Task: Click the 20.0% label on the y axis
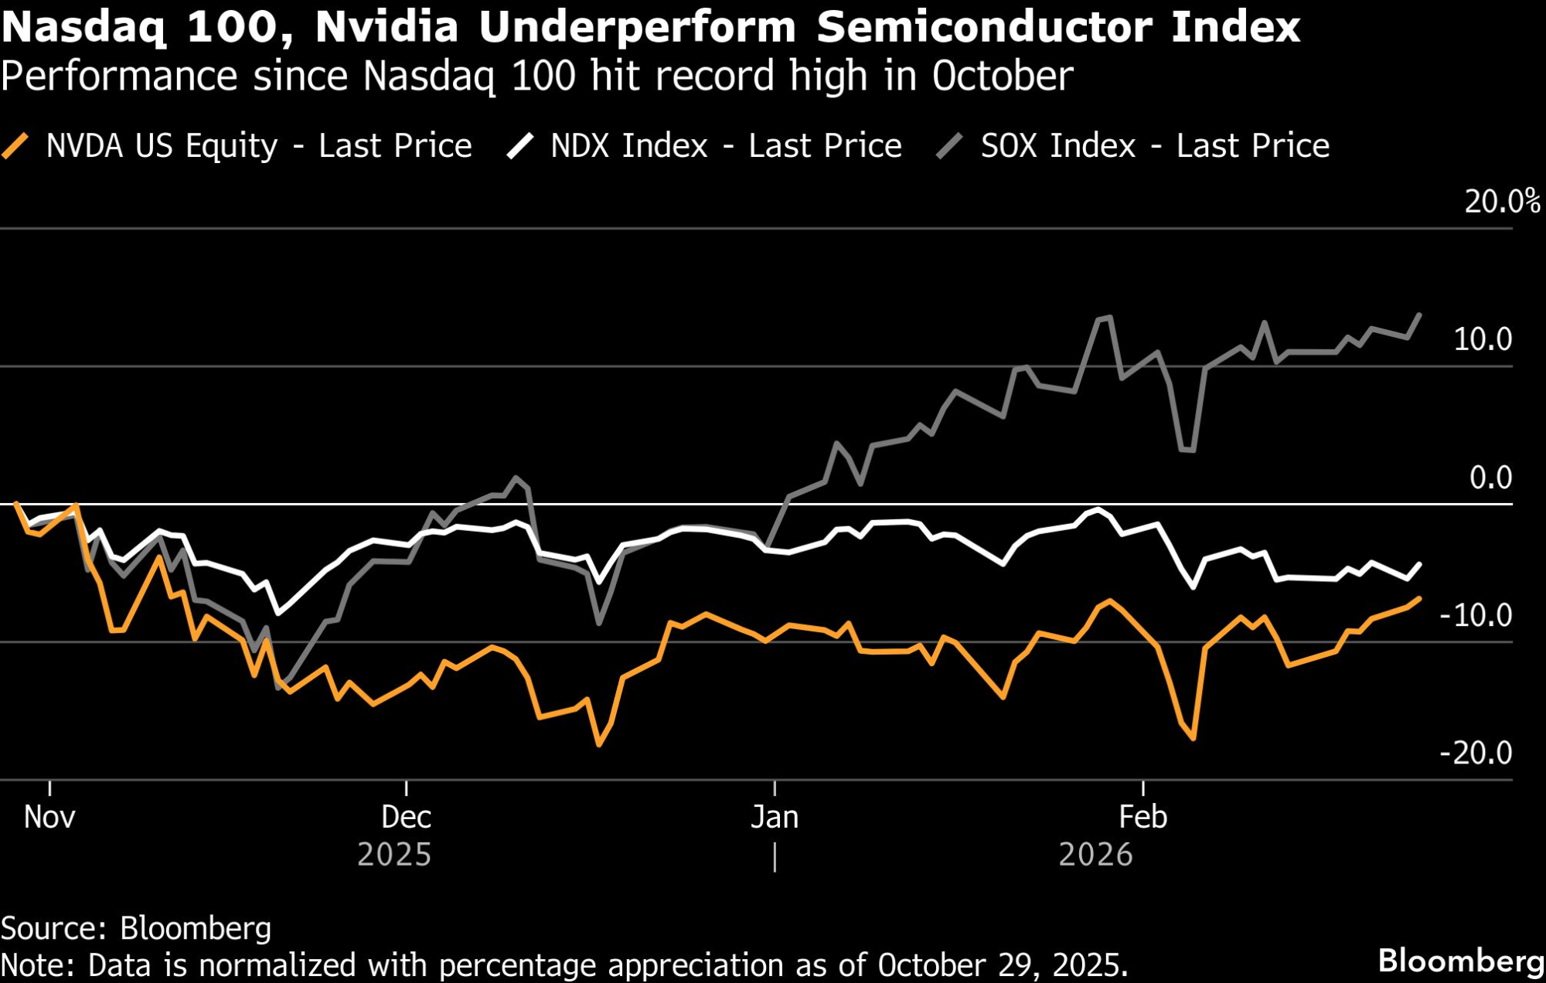(1502, 202)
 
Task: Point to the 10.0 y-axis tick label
(1482, 339)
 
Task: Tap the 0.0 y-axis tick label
(1490, 478)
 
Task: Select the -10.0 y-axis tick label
(1476, 615)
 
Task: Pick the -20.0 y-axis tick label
(1476, 753)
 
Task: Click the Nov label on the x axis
(49, 817)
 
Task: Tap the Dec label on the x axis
(406, 817)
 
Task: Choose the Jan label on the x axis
(775, 817)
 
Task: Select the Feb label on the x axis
(1143, 817)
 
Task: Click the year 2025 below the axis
(394, 855)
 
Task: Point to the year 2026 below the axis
(1095, 855)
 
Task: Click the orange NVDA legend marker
(15, 146)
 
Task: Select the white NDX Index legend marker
(520, 146)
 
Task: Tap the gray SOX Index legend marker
(950, 146)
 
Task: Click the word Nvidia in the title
(386, 27)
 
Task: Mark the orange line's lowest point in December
(599, 744)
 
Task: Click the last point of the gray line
(1419, 315)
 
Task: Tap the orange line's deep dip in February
(1194, 739)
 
